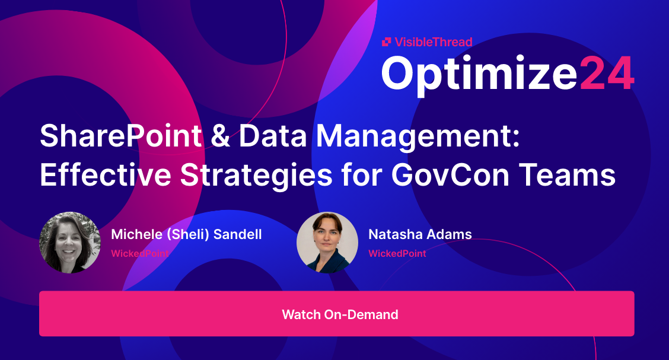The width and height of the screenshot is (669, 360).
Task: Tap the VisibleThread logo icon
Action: click(x=386, y=42)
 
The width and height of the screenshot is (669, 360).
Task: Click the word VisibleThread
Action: click(x=433, y=42)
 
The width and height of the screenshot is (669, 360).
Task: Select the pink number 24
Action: click(x=606, y=74)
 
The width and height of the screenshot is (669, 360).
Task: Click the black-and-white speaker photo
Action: click(x=70, y=243)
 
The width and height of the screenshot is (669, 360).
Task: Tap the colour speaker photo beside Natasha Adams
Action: click(x=327, y=243)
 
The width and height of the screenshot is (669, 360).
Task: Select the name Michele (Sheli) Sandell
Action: click(x=186, y=234)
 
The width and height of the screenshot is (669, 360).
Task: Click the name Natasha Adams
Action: click(x=420, y=234)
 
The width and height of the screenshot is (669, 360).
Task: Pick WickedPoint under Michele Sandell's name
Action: click(x=140, y=253)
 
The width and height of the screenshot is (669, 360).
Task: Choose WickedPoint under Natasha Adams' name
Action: click(x=397, y=253)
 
